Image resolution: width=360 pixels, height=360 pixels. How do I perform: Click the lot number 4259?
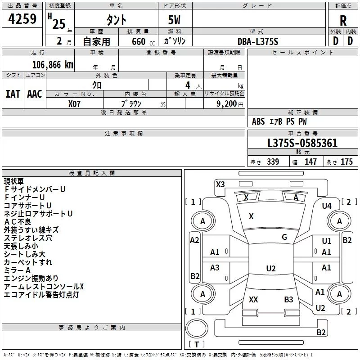(x=22, y=19)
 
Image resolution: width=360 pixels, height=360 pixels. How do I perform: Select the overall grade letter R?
(x=343, y=21)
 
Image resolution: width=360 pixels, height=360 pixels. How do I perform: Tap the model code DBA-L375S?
(x=258, y=41)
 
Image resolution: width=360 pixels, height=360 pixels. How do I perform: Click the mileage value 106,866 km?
(x=53, y=65)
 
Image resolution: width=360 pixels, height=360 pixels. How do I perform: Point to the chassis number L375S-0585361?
(x=302, y=143)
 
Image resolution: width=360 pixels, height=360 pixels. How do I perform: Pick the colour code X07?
(x=74, y=104)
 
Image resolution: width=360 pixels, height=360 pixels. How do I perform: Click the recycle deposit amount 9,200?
(x=227, y=104)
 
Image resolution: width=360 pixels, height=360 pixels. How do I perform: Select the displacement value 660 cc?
(x=143, y=42)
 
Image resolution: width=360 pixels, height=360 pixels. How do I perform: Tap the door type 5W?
(x=174, y=20)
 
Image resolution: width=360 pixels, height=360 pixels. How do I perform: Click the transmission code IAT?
(x=13, y=94)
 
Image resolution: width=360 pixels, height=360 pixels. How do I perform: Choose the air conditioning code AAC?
(x=35, y=94)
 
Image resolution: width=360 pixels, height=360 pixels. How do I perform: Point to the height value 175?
(x=346, y=162)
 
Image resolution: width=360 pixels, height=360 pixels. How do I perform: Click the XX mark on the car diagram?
(x=253, y=299)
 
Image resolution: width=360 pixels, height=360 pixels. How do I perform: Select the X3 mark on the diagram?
(x=220, y=184)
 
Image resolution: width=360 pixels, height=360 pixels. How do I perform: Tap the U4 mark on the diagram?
(x=327, y=206)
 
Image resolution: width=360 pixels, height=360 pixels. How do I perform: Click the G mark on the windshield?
(x=284, y=237)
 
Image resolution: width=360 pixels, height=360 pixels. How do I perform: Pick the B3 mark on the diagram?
(x=288, y=299)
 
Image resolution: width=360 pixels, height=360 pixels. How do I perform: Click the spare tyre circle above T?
(x=197, y=328)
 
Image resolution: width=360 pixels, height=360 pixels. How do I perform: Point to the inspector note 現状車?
(x=14, y=181)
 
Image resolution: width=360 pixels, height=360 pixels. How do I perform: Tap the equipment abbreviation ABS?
(x=258, y=121)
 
